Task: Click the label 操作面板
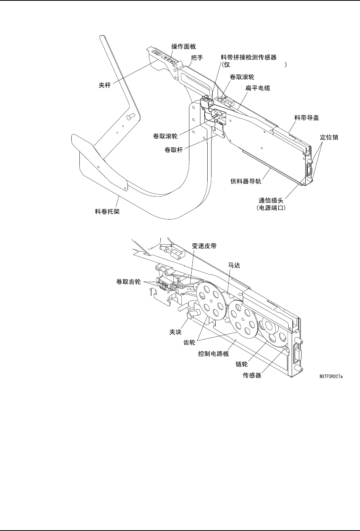184,47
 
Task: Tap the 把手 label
197,58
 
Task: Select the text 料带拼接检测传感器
249,57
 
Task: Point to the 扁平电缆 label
258,88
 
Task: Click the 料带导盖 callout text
307,118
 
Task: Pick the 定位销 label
329,137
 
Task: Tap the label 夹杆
105,85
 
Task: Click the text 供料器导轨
246,181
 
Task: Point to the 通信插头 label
271,200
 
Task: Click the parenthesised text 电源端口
271,208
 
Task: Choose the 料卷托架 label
107,211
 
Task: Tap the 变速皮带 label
204,246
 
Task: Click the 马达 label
234,265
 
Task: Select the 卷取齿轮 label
129,282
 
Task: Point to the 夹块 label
176,332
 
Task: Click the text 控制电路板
213,354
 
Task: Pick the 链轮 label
242,364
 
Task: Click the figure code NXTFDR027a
331,376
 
